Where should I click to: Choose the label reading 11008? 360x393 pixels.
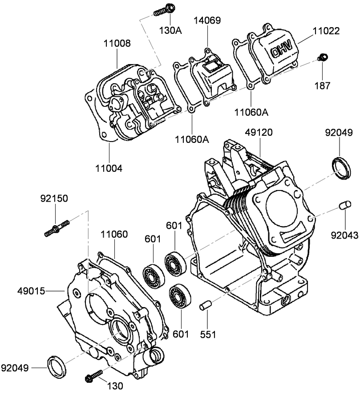pos(117,43)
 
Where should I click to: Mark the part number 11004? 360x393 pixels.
pos(109,168)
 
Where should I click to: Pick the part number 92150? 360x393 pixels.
pos(54,199)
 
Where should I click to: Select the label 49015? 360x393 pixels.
pos(31,291)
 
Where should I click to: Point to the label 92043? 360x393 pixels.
pos(345,235)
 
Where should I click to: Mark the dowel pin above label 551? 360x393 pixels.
pos(205,306)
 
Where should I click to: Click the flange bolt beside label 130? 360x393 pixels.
pos(93,376)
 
